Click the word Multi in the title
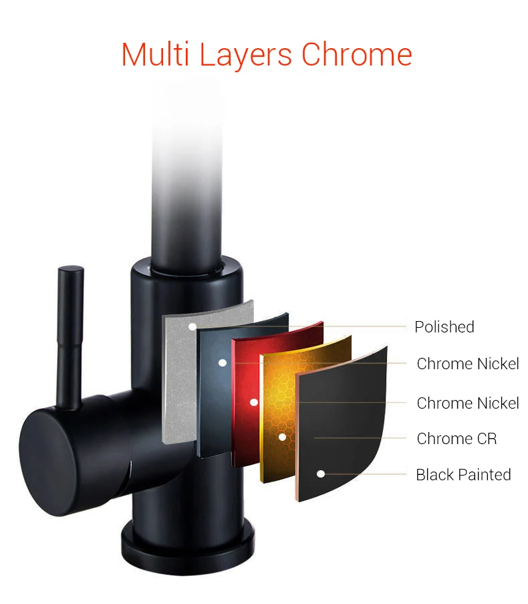pyautogui.click(x=156, y=55)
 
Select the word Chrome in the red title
pyautogui.click(x=356, y=55)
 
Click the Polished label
pyautogui.click(x=444, y=327)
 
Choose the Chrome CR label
pyautogui.click(x=456, y=439)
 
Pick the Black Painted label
pyautogui.click(x=463, y=475)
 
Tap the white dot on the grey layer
pyautogui.click(x=192, y=327)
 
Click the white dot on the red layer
pyautogui.click(x=254, y=402)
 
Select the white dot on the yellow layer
pyautogui.click(x=282, y=437)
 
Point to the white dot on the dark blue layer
pyautogui.click(x=223, y=363)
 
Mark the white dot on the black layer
pyautogui.click(x=321, y=474)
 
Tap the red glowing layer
pyautogui.click(x=245, y=375)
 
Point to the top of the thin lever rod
pyautogui.click(x=71, y=272)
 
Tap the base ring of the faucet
pyautogui.click(x=187, y=538)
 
